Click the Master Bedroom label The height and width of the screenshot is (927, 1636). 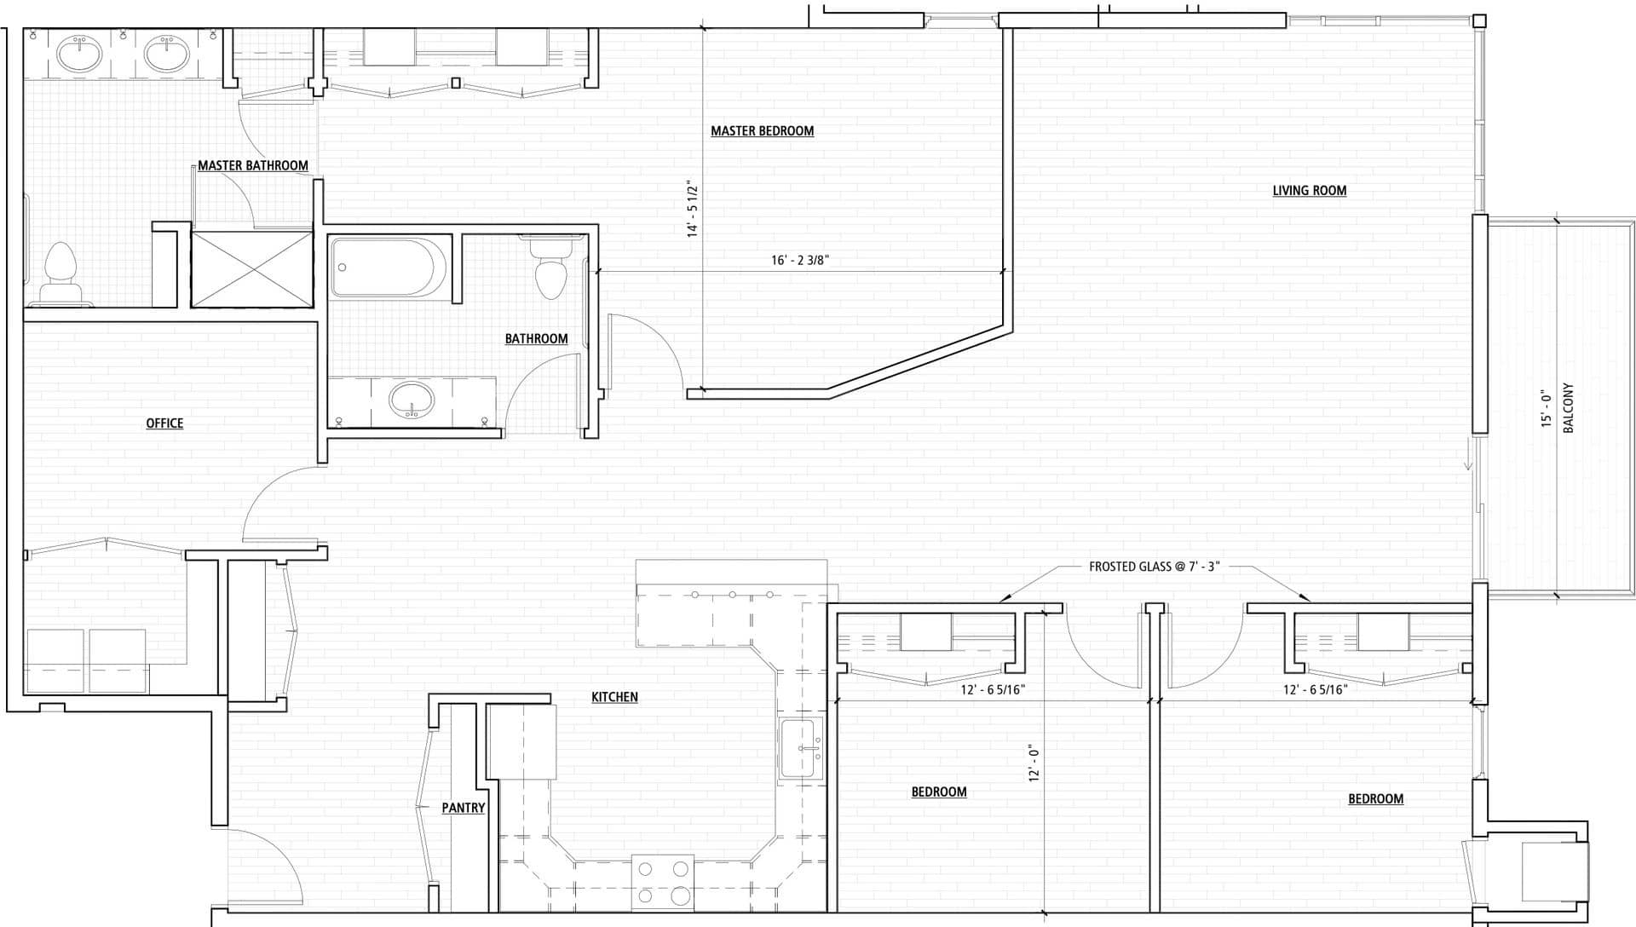pos(762,131)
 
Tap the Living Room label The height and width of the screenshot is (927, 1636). pos(1310,191)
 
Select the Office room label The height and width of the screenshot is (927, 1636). pos(164,423)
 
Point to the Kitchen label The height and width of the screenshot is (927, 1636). pos(614,697)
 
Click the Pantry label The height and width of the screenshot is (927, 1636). pos(464,808)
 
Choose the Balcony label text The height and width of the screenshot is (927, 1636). pos(1569,407)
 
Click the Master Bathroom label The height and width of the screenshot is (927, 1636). pos(253,166)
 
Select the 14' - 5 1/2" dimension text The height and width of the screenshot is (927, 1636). pos(694,209)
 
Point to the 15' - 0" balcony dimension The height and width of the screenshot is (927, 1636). pos(1547,408)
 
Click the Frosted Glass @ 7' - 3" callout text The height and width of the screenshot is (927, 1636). pos(1155,567)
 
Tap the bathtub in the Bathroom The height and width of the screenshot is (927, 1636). pos(389,268)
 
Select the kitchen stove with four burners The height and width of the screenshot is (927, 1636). pos(663,882)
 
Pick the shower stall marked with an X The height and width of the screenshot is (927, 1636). pos(252,268)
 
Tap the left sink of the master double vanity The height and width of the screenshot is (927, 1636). pos(79,55)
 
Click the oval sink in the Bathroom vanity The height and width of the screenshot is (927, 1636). pos(412,398)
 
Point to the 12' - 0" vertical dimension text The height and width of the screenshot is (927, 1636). pos(1034,763)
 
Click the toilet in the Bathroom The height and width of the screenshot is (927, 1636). pos(550,268)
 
